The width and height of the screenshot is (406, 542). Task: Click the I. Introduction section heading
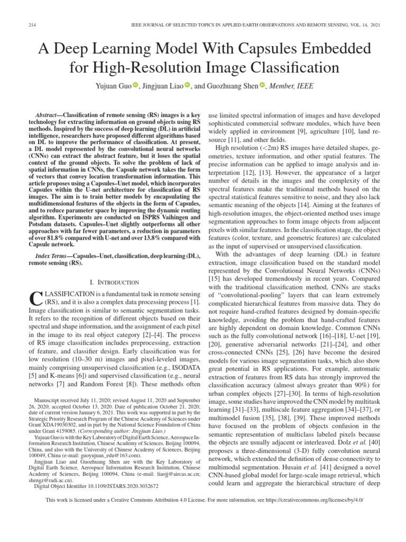click(115, 282)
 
